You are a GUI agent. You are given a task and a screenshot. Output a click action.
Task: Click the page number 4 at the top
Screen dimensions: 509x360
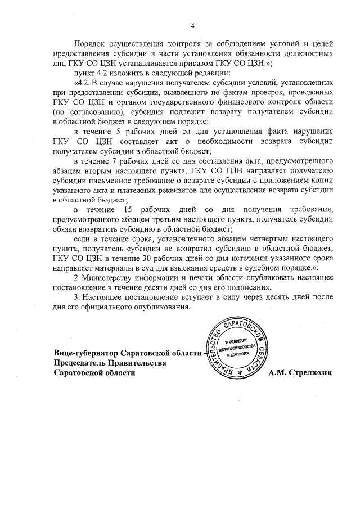(x=192, y=25)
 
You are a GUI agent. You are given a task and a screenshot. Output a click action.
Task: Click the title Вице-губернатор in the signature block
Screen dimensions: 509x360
(x=86, y=353)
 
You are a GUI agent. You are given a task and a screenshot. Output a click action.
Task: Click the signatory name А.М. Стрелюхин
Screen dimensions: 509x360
(x=301, y=372)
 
